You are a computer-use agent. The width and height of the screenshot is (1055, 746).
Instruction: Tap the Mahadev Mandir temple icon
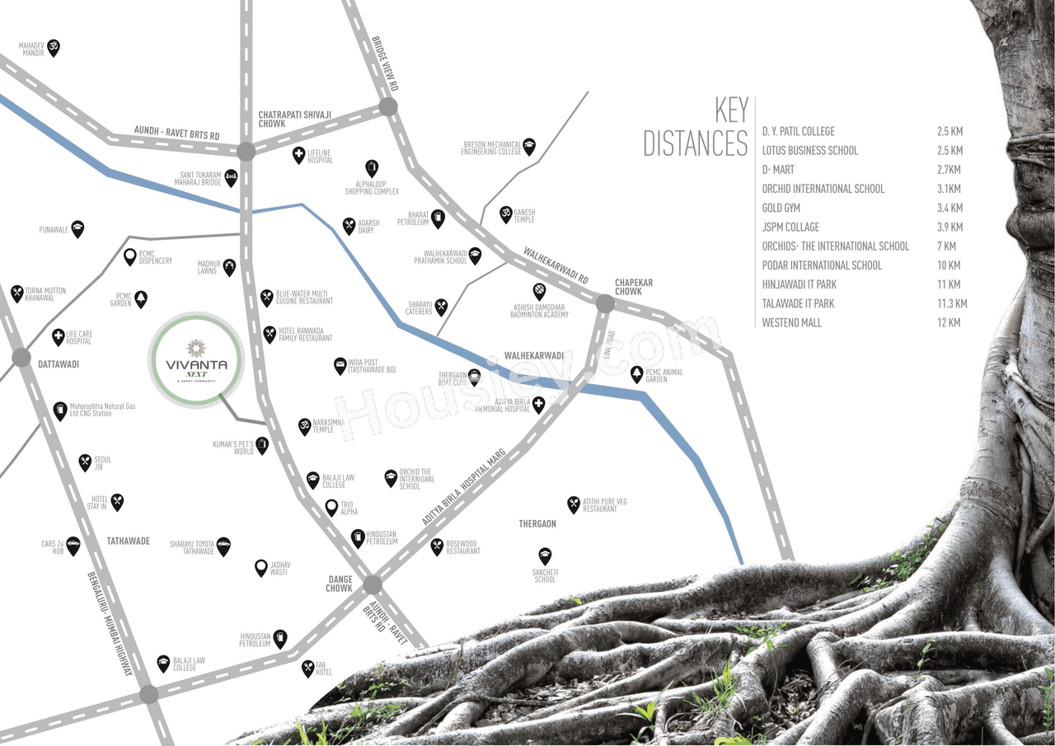[54, 47]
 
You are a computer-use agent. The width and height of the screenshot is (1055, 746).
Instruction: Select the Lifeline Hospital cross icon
[299, 154]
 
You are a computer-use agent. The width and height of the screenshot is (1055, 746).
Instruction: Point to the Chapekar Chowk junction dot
[605, 304]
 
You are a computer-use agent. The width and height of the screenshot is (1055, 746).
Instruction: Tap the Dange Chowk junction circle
[373, 585]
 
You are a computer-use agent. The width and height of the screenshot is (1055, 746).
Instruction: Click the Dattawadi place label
[58, 364]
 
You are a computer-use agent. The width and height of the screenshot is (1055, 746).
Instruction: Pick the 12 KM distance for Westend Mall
[949, 322]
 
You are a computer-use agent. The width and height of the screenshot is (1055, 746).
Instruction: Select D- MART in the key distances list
[778, 170]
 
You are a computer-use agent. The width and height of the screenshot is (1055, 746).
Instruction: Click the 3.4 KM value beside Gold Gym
[949, 208]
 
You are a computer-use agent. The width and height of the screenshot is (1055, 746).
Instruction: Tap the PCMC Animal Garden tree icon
[636, 375]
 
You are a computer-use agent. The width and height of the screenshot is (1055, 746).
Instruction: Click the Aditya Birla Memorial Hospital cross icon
[538, 404]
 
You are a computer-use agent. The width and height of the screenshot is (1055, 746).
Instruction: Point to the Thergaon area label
[537, 524]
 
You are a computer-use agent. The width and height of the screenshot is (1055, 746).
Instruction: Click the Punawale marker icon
[77, 228]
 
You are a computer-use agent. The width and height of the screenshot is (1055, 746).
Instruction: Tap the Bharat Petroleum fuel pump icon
[438, 219]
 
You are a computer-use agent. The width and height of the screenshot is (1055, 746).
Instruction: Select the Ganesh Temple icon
[506, 214]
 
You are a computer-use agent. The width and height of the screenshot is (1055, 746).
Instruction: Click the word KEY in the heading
[731, 110]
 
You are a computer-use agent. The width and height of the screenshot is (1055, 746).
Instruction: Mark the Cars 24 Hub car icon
[73, 545]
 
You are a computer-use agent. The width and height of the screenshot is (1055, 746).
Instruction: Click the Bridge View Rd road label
[385, 63]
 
